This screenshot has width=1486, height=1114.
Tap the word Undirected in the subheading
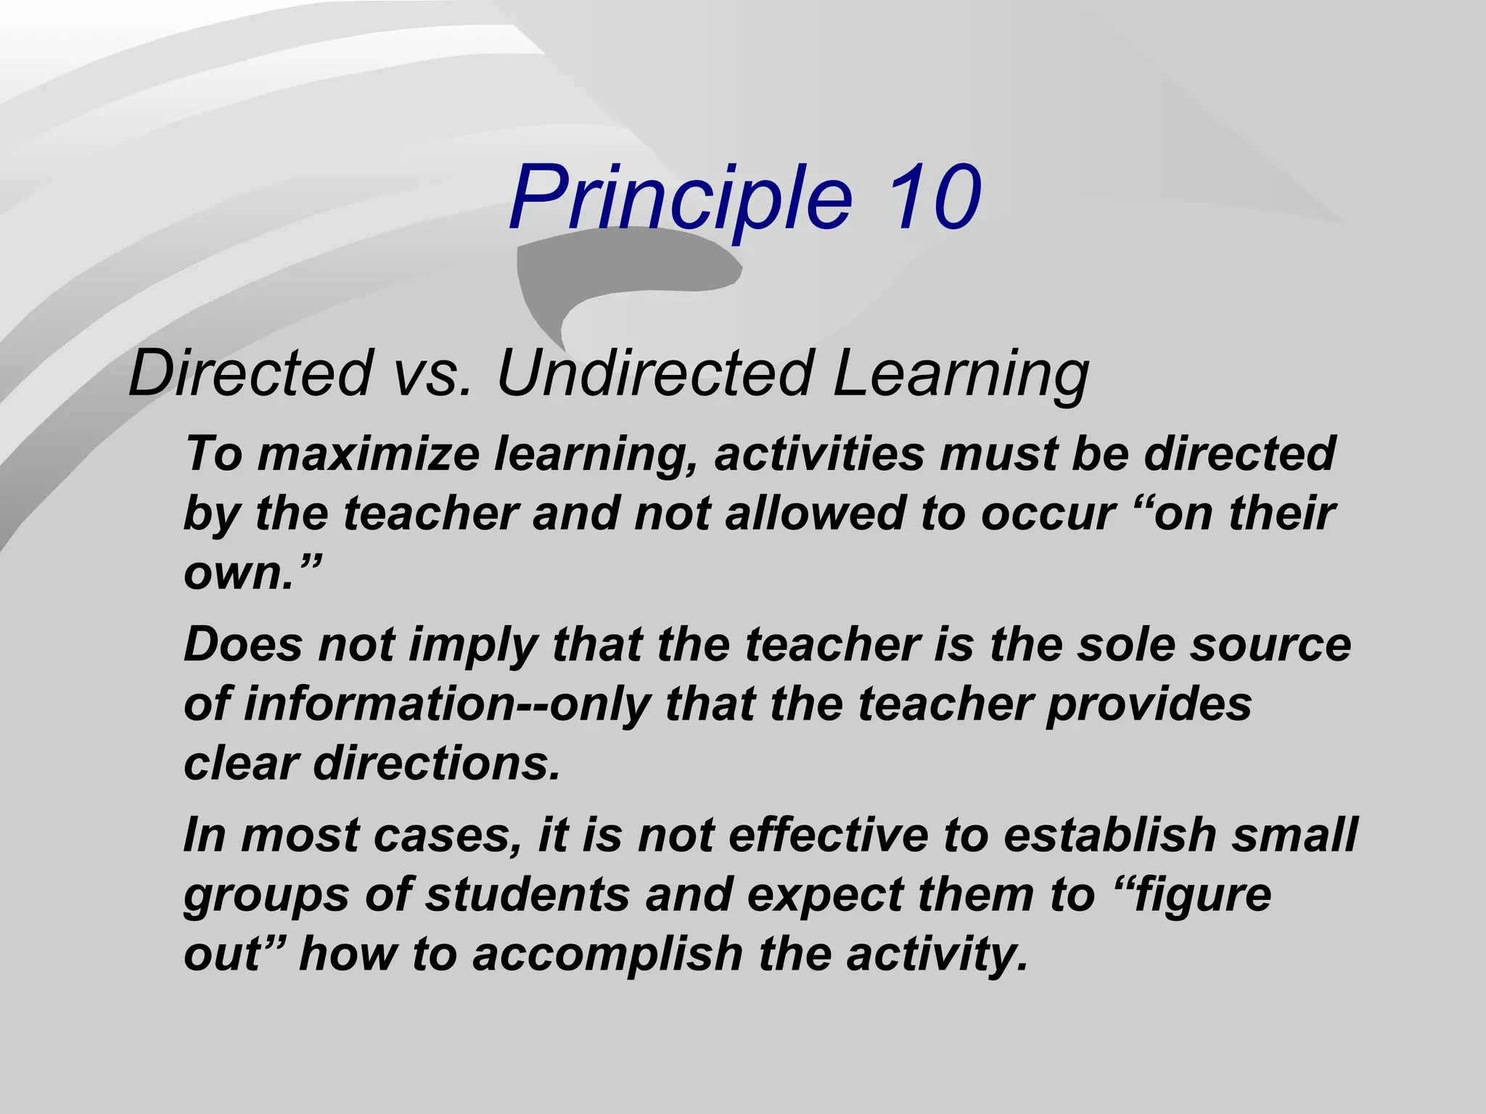coord(653,374)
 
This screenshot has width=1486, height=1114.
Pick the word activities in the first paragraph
coord(820,454)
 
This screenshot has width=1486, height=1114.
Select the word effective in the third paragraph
coord(828,834)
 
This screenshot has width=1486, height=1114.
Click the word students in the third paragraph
coord(527,894)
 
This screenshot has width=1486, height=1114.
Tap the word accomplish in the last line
coord(608,954)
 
